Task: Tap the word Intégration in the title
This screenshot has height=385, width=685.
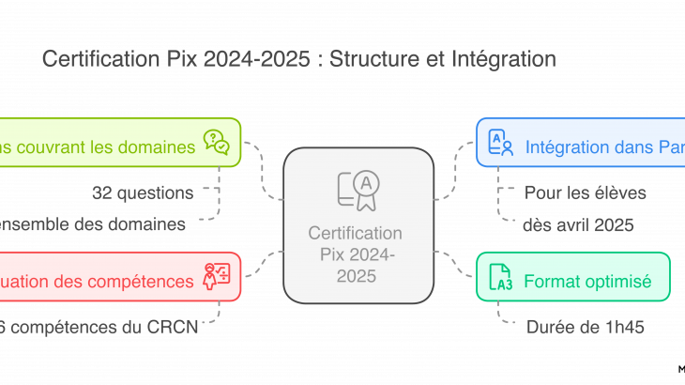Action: (x=507, y=60)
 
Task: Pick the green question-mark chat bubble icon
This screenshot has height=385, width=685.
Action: (x=216, y=143)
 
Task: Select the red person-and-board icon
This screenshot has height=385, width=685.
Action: (x=216, y=276)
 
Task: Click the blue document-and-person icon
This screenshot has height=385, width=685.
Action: (x=501, y=143)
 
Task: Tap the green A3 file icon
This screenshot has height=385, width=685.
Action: (x=501, y=279)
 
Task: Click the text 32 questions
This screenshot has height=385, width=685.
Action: (x=143, y=193)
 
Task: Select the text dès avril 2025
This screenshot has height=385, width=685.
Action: (x=579, y=224)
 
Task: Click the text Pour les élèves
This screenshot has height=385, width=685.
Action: (x=586, y=193)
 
